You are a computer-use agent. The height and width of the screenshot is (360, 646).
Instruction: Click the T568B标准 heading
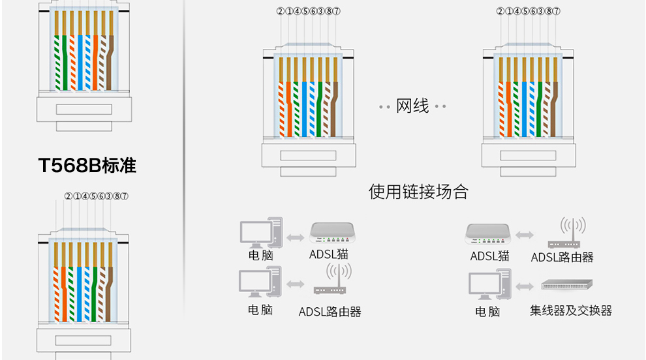[87, 165]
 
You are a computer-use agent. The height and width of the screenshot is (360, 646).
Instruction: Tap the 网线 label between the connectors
[412, 106]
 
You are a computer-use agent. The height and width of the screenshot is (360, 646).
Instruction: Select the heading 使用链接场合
[418, 191]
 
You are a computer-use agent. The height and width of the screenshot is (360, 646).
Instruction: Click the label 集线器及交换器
[571, 310]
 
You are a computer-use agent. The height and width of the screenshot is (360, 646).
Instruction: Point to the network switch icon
[566, 285]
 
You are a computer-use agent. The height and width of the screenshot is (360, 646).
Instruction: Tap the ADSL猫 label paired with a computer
[329, 254]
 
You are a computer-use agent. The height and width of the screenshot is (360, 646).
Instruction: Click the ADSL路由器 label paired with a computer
[330, 311]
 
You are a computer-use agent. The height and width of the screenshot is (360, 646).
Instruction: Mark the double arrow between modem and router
[524, 233]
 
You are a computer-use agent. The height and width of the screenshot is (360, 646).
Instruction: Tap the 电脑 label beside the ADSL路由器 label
[260, 310]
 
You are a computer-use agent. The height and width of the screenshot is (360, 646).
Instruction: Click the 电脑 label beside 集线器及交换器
[488, 311]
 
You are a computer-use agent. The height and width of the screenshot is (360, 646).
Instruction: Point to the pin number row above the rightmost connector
[528, 10]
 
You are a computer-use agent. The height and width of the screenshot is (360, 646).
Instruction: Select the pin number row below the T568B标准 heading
[96, 196]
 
